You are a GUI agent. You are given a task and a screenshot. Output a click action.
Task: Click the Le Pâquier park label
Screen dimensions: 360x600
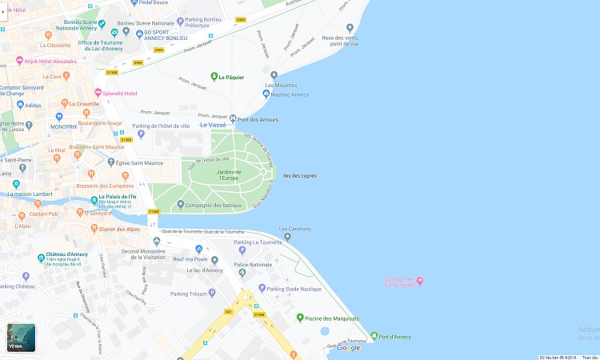click(232, 77)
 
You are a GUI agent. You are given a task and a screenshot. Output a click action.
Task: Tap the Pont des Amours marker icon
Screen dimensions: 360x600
click(233, 119)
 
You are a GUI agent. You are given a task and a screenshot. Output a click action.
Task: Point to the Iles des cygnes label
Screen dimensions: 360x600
click(300, 175)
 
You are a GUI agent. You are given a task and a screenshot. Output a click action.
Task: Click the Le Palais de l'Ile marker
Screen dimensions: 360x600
click(94, 198)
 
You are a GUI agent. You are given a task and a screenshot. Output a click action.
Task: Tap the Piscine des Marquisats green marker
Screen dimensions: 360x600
click(301, 318)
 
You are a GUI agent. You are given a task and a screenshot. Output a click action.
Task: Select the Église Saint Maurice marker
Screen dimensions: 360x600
click(111, 162)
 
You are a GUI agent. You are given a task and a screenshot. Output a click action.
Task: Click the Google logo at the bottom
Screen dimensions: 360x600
click(348, 347)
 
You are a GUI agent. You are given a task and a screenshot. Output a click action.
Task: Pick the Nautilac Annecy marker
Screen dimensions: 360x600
click(266, 94)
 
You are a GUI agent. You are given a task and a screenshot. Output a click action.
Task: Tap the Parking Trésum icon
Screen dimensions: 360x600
click(211, 293)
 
